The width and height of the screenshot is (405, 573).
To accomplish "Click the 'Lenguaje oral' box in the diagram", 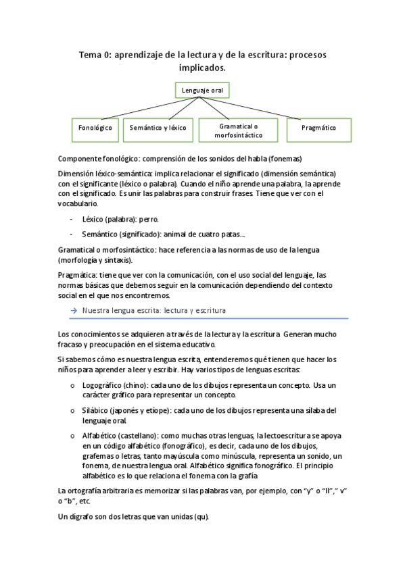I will pyautogui.click(x=202, y=89).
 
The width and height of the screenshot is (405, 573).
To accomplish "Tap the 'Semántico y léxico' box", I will pyautogui.click(x=158, y=127).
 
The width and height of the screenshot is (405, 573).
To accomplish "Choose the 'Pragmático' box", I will pyautogui.click(x=318, y=127).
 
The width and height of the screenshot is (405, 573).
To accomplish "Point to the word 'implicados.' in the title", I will pyautogui.click(x=202, y=68).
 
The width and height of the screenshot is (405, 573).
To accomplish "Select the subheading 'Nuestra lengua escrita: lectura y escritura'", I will pyautogui.click(x=153, y=310).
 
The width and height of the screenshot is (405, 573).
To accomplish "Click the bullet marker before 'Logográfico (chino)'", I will pyautogui.click(x=72, y=384).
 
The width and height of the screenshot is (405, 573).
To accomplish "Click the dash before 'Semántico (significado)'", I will pyautogui.click(x=72, y=234).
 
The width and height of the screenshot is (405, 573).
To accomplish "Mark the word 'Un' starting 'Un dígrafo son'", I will pyautogui.click(x=64, y=516).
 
